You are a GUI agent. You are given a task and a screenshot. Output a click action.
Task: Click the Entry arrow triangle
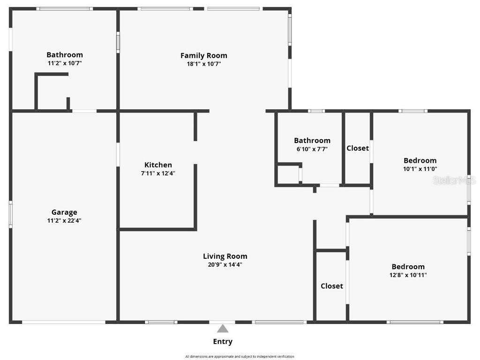[x=223, y=329]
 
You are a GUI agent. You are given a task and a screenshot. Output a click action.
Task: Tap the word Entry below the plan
[x=223, y=342]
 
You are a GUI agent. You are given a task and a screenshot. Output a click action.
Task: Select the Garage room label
[x=64, y=212]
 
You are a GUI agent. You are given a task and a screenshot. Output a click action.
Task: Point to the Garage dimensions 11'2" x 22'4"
[x=64, y=221]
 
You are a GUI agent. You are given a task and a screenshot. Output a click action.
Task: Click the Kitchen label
[x=158, y=165]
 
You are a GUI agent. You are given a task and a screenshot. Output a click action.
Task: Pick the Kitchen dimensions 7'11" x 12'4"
[x=158, y=173]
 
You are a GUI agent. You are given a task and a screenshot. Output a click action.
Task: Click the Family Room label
[x=203, y=55]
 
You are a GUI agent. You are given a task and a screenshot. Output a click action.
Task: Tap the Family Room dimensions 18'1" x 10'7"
[x=203, y=64]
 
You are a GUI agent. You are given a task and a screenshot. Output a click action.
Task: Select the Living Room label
[x=225, y=256]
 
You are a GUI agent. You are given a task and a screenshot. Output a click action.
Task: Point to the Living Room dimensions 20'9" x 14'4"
[x=225, y=264]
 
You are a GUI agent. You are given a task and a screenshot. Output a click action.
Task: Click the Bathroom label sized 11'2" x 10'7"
[x=65, y=55]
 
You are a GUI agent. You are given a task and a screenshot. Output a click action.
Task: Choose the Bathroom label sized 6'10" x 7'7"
[x=312, y=141]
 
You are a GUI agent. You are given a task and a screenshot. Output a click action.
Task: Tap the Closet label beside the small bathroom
[x=358, y=148]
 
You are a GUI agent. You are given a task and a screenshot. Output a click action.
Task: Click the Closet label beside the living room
[x=332, y=286]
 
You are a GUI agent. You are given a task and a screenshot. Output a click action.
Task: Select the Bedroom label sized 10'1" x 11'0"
[x=420, y=161]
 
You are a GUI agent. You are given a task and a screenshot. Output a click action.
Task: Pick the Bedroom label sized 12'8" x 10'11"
[x=408, y=267]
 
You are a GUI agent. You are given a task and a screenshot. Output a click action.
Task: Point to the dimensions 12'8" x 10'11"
[x=408, y=275]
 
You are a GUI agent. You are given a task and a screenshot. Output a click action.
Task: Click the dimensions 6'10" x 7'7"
[x=312, y=149]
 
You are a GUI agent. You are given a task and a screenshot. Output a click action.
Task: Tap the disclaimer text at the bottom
[x=240, y=357]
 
